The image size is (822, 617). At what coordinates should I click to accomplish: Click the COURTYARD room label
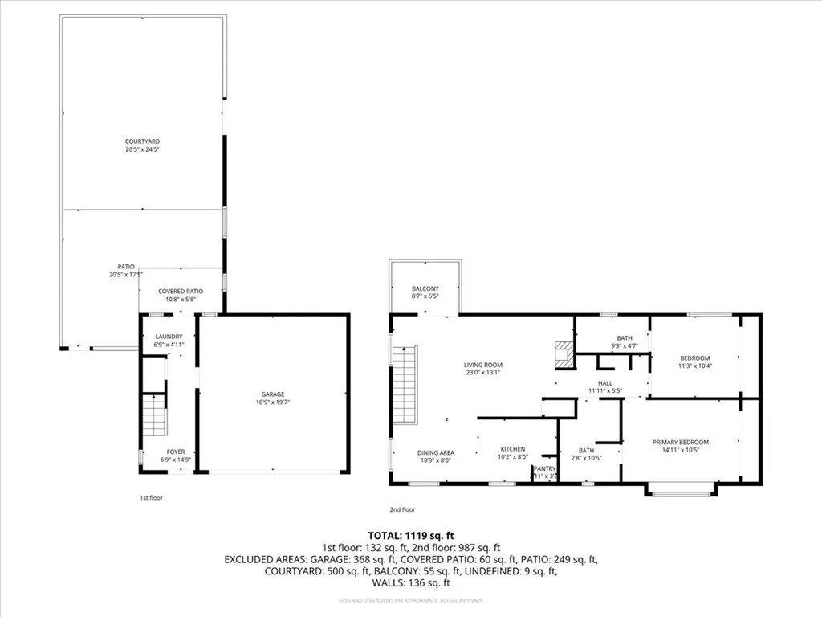click(142, 145)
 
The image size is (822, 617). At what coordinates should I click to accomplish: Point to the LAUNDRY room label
click(169, 340)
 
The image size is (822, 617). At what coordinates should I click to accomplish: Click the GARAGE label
click(273, 398)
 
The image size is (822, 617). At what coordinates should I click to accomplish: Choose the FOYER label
click(175, 456)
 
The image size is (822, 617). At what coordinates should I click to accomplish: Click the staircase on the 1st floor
click(154, 414)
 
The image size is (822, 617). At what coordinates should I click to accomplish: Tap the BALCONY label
click(425, 292)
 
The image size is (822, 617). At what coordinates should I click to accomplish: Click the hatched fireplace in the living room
click(564, 353)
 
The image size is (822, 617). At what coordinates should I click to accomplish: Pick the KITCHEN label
click(513, 452)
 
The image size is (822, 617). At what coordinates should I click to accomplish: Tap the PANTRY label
click(544, 472)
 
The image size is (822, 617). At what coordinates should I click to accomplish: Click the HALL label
click(605, 386)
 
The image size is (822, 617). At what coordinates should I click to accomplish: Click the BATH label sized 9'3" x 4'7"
click(625, 342)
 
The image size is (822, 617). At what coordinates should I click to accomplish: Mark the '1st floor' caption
click(151, 498)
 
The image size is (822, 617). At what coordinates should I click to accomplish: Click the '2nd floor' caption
click(403, 509)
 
